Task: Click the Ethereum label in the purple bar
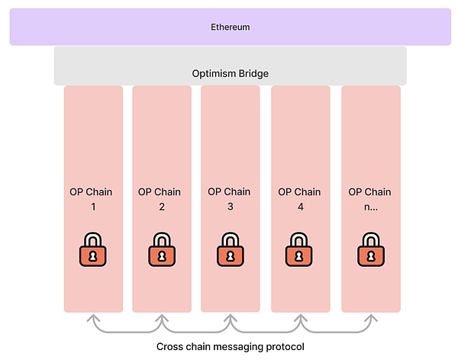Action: point(231,27)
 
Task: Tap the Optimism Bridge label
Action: point(231,74)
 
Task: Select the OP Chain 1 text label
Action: point(93,198)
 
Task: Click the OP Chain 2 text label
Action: point(162,198)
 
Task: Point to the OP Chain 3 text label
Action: point(231,198)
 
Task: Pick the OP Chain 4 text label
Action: point(300,198)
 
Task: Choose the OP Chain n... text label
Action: point(370,198)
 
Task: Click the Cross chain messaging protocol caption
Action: point(231,346)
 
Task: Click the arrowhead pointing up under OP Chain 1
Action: point(93,317)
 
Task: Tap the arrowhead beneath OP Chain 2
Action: point(162,317)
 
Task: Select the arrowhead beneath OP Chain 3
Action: point(231,317)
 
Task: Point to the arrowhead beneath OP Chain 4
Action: point(300,317)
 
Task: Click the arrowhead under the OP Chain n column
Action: point(370,317)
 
